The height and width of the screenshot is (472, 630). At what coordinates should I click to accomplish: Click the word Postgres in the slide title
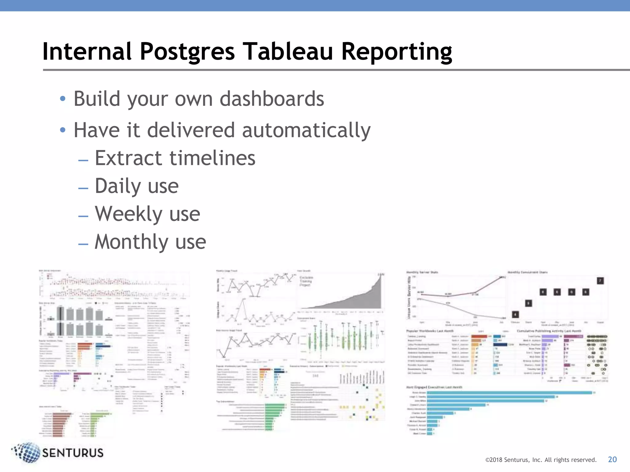tap(187, 52)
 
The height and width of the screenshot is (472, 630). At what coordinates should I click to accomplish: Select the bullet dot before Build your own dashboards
tap(63, 99)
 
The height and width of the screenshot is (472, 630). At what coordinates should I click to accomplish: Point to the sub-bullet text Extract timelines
tap(175, 158)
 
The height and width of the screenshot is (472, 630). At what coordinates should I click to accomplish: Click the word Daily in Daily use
tap(118, 186)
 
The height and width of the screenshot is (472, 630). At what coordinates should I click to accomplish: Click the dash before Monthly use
tap(83, 244)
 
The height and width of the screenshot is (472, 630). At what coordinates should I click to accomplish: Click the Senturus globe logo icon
tap(27, 452)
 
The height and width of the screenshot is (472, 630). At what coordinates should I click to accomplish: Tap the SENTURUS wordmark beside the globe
tap(73, 453)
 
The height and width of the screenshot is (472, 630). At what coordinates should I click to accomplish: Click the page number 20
tap(612, 459)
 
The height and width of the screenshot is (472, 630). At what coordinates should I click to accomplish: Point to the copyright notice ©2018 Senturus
tap(540, 460)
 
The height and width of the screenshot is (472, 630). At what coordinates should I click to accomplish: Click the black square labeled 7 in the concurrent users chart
tap(600, 281)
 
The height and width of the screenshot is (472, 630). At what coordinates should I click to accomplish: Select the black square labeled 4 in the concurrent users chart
tap(515, 314)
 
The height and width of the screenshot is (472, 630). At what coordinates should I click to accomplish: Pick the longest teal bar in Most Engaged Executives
tap(509, 393)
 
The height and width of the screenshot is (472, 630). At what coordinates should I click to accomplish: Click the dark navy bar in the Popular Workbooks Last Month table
tap(500, 344)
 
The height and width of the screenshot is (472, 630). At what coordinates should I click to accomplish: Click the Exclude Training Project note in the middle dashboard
tap(306, 281)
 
